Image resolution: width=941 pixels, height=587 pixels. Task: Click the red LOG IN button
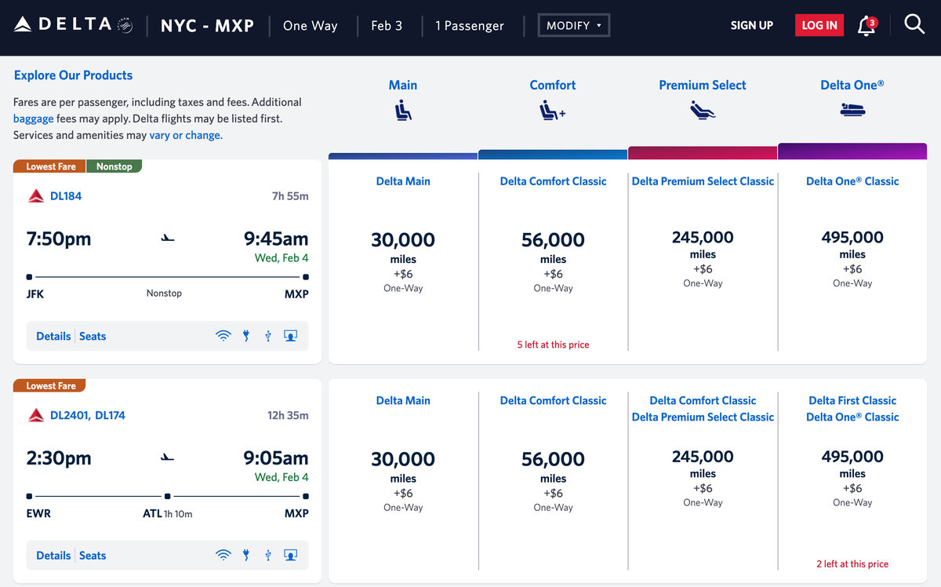(x=819, y=25)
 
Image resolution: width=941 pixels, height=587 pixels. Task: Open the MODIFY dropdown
(x=573, y=25)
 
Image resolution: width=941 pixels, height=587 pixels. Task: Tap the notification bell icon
(x=866, y=25)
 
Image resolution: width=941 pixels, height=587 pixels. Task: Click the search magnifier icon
(x=914, y=24)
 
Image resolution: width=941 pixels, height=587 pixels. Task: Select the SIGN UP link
(x=751, y=25)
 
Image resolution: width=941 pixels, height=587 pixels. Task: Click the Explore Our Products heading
(x=73, y=75)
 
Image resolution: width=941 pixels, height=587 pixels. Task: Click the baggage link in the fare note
(x=34, y=118)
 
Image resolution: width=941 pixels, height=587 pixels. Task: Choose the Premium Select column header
(x=702, y=85)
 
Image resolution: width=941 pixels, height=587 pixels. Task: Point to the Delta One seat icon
(x=852, y=111)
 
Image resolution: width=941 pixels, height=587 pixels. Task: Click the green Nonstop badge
(x=114, y=166)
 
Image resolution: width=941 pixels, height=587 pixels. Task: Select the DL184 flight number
(x=66, y=196)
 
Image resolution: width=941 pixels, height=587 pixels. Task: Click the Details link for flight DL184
(x=53, y=336)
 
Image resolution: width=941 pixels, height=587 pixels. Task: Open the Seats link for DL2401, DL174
(x=93, y=556)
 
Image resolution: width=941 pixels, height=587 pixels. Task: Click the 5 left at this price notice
(x=553, y=345)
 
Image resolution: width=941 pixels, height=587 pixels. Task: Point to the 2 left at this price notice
(x=852, y=563)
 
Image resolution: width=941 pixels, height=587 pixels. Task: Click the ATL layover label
(x=151, y=513)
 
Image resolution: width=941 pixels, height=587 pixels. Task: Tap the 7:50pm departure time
(x=59, y=239)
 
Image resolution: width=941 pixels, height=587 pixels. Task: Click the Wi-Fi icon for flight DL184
(x=223, y=336)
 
